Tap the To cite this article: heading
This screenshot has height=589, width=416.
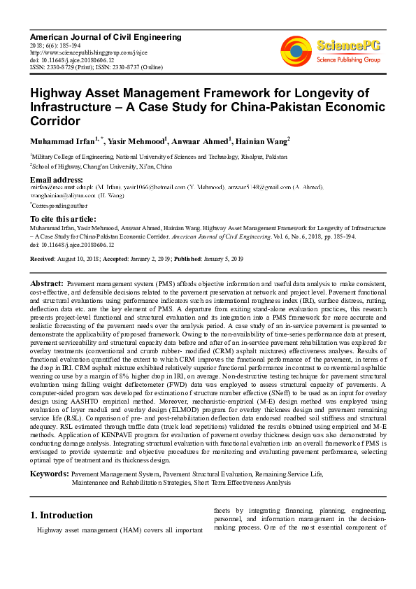(x=64, y=220)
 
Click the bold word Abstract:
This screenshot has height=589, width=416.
(x=48, y=283)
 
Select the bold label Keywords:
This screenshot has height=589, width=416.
(x=49, y=474)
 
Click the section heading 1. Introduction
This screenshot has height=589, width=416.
(x=63, y=515)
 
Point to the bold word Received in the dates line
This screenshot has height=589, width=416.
(x=43, y=259)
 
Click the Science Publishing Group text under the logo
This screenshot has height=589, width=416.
(x=347, y=60)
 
